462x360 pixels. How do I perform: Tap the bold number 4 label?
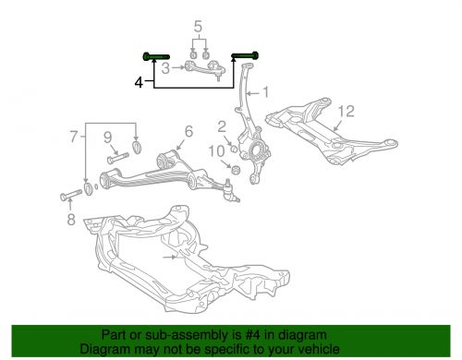coord(138,82)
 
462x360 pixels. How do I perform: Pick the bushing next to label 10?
coord(235,169)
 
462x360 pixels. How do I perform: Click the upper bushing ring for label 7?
coord(138,145)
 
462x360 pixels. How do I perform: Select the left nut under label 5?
coord(191,52)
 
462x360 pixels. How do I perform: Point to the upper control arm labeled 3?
coord(203,69)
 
